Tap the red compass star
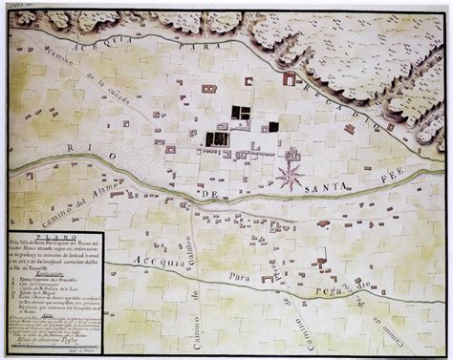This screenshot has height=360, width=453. (291, 173)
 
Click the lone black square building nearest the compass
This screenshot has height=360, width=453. (273, 126)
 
